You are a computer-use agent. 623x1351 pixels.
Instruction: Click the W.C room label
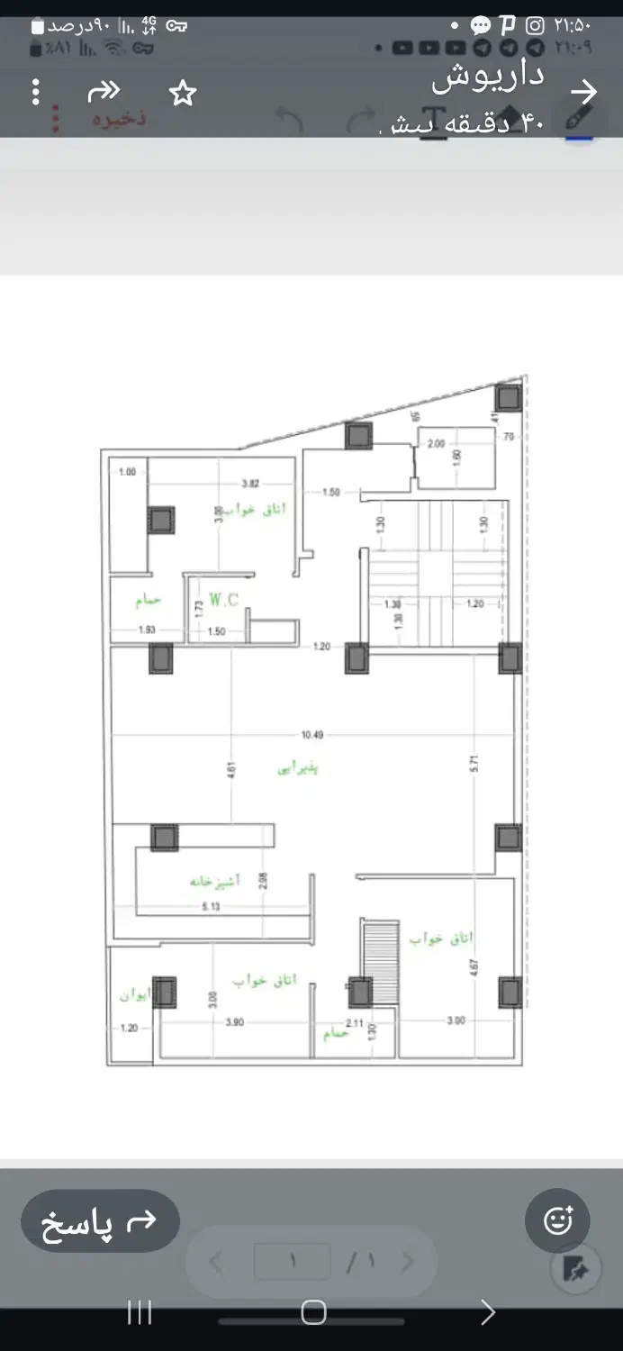pyautogui.click(x=223, y=600)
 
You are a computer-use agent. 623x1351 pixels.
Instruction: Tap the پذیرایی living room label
pyautogui.click(x=298, y=768)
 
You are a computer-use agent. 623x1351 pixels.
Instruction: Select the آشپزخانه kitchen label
pyautogui.click(x=214, y=880)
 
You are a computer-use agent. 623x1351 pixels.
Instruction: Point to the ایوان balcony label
pyautogui.click(x=135, y=995)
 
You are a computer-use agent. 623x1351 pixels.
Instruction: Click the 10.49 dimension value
pyautogui.click(x=312, y=735)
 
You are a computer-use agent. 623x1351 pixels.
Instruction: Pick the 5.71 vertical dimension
pyautogui.click(x=474, y=763)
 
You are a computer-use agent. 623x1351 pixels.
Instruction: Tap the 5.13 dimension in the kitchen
pyautogui.click(x=211, y=906)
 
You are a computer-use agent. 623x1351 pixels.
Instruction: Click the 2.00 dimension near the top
pyautogui.click(x=436, y=443)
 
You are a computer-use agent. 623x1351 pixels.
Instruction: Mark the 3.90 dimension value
pyautogui.click(x=235, y=1021)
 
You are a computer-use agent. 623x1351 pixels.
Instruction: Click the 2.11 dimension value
pyautogui.click(x=354, y=1023)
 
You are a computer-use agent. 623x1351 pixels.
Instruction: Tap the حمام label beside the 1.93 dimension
pyautogui.click(x=148, y=600)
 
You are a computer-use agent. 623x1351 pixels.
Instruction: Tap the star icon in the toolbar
pyautogui.click(x=183, y=93)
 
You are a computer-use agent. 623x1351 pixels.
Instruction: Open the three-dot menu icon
pyautogui.click(x=36, y=92)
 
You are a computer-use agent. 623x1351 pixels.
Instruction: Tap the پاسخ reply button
pyautogui.click(x=100, y=1222)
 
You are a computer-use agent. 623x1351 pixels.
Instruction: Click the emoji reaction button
pyautogui.click(x=558, y=1221)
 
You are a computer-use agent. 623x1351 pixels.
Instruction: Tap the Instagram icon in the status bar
pyautogui.click(x=535, y=26)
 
